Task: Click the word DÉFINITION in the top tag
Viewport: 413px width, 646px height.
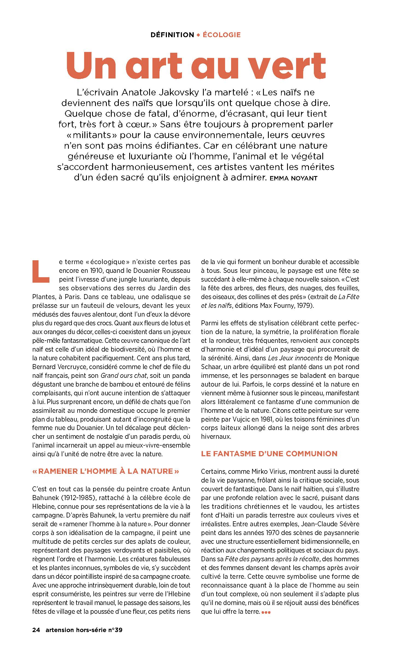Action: pyautogui.click(x=172, y=35)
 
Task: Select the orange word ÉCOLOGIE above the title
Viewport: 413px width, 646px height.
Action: pyautogui.click(x=222, y=35)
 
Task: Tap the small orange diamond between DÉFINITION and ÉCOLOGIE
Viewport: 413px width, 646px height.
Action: pyautogui.click(x=198, y=35)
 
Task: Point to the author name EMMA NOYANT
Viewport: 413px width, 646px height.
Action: pyautogui.click(x=293, y=179)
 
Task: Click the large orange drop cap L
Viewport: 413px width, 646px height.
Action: pyautogui.click(x=41, y=271)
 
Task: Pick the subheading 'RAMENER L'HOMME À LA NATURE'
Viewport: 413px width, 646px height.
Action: pyautogui.click(x=106, y=471)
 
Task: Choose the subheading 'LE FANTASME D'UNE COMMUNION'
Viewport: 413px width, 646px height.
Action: pyautogui.click(x=269, y=454)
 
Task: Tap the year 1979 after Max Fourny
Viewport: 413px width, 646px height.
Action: pyautogui.click(x=306, y=306)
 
